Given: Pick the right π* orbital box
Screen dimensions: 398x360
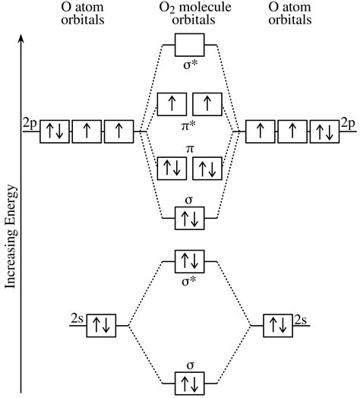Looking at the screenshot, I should [x=207, y=103].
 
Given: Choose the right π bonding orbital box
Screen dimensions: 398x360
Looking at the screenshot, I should [x=207, y=168].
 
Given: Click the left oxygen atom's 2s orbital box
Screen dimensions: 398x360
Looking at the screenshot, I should [x=99, y=326].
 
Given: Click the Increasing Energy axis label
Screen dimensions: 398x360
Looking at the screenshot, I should [x=11, y=245].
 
